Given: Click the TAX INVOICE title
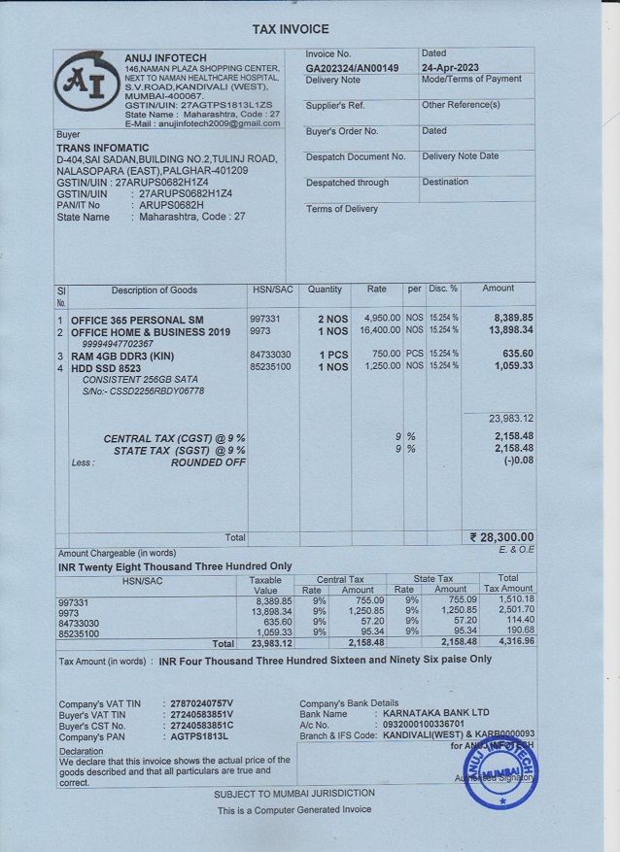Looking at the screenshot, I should coord(291,30).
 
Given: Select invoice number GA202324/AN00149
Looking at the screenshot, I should coord(352,68).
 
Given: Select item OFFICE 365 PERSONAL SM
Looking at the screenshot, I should coord(137,319).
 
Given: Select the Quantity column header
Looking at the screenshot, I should coord(325,290).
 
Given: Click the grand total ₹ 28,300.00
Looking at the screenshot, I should coord(501,536).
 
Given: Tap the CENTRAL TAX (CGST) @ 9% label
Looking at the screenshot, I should coord(174,438).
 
